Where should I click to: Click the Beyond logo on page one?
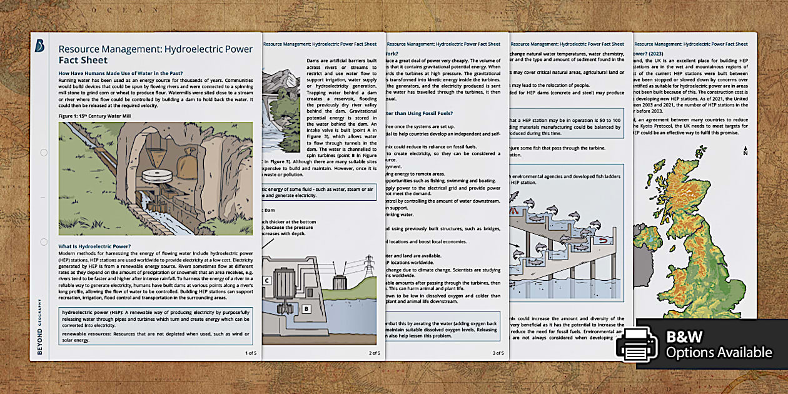pos(40,46)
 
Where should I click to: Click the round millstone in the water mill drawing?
pos(151,178)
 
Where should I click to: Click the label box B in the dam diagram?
pos(306,308)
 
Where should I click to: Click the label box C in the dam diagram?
pos(267,281)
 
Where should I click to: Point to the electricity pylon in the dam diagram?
pos(369,266)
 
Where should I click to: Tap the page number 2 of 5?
pos(374,353)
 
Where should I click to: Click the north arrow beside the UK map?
pos(745,151)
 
